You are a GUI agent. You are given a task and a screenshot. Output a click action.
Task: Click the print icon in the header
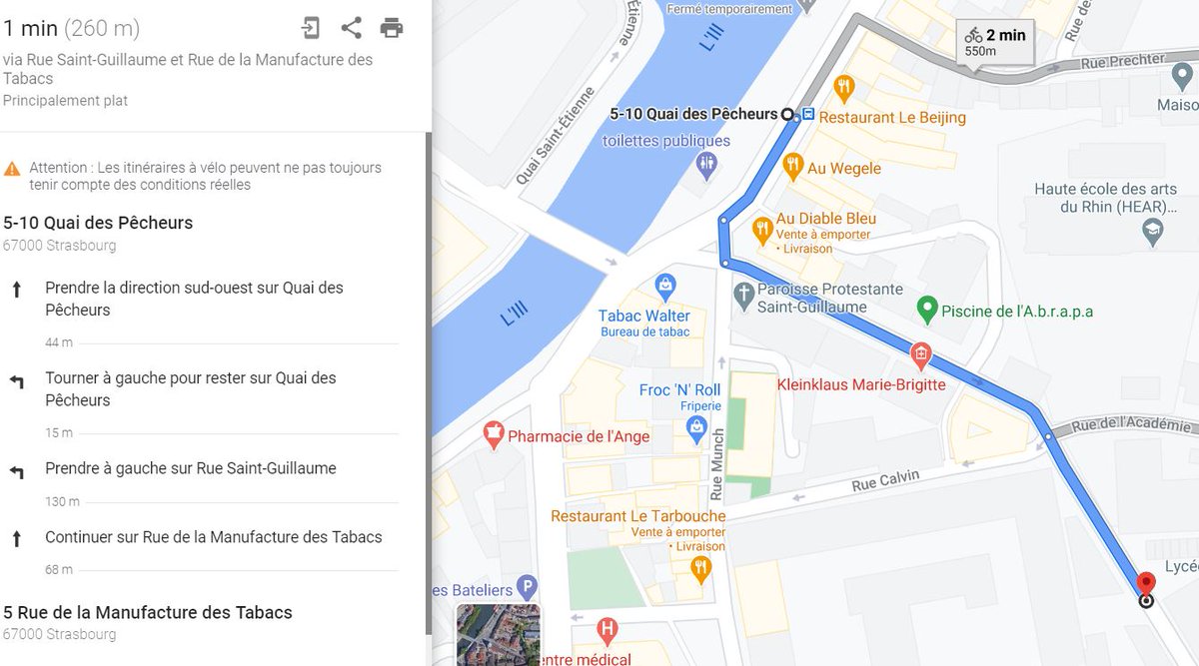point(392,28)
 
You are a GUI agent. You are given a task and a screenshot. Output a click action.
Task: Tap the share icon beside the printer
point(351,28)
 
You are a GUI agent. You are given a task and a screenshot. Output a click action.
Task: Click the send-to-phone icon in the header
point(312,28)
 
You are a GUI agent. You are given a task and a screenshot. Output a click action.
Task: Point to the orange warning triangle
point(12,169)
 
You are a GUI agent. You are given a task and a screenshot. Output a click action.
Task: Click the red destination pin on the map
point(1146,584)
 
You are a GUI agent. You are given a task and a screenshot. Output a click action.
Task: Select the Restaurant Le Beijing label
point(891,117)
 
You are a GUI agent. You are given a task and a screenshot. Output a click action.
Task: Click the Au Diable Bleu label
point(825,219)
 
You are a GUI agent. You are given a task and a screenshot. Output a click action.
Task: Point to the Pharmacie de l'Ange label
point(579,436)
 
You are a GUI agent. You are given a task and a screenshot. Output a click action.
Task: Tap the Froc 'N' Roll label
point(679,389)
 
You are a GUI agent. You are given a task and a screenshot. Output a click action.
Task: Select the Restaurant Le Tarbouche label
point(637,516)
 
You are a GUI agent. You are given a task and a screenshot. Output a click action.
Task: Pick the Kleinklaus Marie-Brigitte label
point(861,384)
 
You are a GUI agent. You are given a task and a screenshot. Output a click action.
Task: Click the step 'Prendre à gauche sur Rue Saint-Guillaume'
point(190,468)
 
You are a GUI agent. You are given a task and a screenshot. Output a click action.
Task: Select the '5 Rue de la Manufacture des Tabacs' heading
point(148,612)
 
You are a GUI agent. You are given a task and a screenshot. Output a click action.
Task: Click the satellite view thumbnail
point(498,635)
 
